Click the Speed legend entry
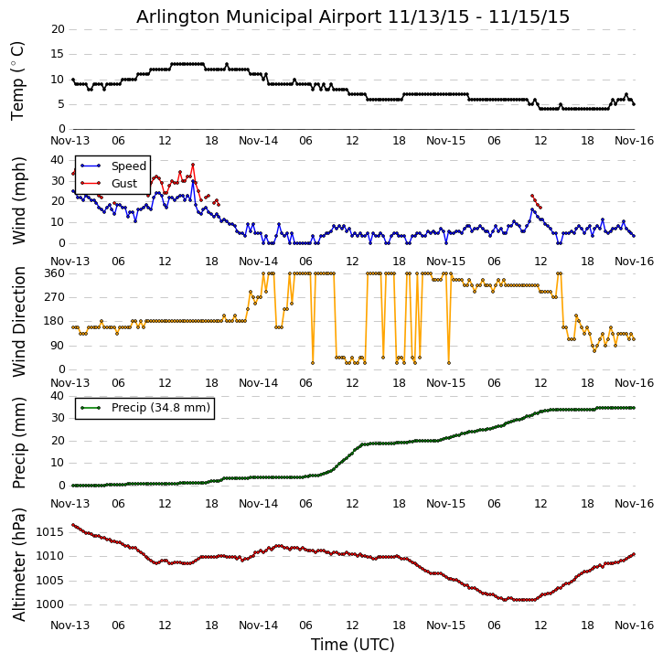[128, 166]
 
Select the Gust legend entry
[123, 184]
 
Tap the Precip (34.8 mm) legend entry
[160, 408]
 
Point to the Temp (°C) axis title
[17, 80]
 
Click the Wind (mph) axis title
[19, 200]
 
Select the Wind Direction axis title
[19, 321]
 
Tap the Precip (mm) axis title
[19, 442]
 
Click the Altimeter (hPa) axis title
[19, 563]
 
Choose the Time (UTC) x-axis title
[353, 645]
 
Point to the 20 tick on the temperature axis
[58, 29]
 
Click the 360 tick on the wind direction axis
[54, 273]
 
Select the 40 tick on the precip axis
[58, 396]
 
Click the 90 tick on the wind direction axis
[58, 346]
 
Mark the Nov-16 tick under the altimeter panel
[635, 626]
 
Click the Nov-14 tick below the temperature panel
[259, 141]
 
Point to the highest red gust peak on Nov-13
[193, 165]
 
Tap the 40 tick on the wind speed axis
[58, 158]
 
